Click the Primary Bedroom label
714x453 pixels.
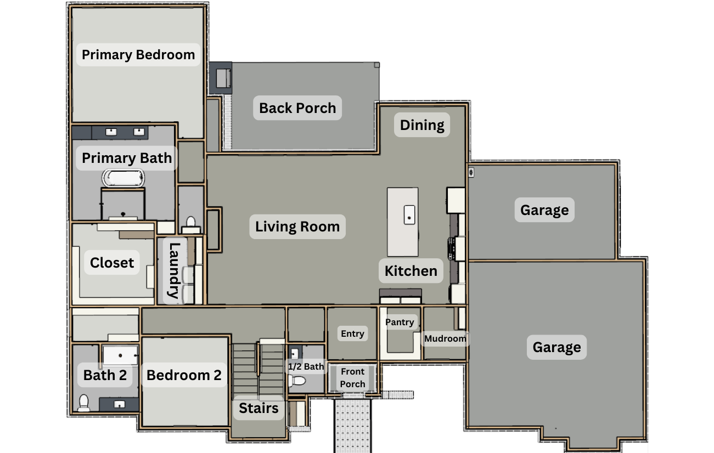pos(138,55)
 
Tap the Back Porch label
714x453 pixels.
pos(297,108)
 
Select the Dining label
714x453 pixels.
pos(422,125)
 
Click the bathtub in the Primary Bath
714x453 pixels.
pos(123,178)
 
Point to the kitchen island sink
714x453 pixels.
pos(409,215)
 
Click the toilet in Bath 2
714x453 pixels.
pos(84,403)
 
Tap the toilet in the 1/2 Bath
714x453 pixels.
pos(297,381)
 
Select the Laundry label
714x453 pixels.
pos(174,270)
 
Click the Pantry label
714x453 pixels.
pos(400,322)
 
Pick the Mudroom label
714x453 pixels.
pos(445,338)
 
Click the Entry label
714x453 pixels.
pos(352,333)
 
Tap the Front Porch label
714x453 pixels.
pos(352,378)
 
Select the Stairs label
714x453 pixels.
pos(258,408)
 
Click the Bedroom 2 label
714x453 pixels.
pos(184,375)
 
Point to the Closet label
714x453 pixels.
pos(112,263)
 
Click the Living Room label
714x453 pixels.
pos(297,226)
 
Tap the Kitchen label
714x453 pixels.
pos(411,271)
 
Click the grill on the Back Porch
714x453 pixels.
pos(223,78)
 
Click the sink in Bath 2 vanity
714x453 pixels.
pos(120,405)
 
